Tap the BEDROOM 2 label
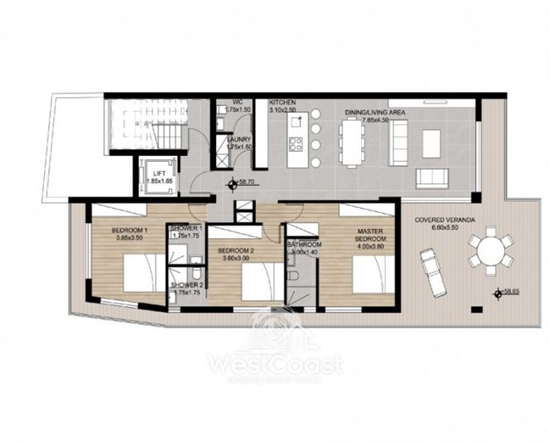pyautogui.click(x=234, y=250)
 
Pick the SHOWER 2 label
pyautogui.click(x=186, y=285)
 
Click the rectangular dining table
pyautogui.click(x=352, y=138)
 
